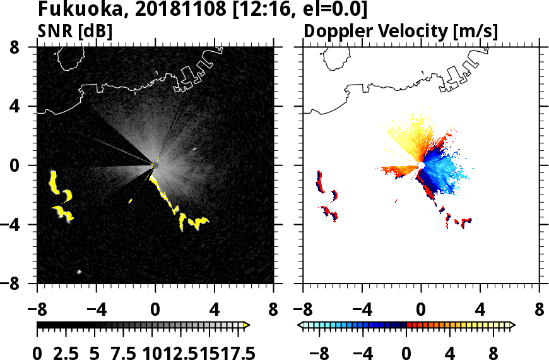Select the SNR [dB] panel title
(71, 32)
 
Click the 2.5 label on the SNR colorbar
(66, 352)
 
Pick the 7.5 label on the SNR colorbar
(122, 352)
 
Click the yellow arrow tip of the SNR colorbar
(247, 325)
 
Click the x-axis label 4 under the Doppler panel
(480, 310)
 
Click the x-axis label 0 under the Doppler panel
(421, 310)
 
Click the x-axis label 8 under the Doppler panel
(539, 310)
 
